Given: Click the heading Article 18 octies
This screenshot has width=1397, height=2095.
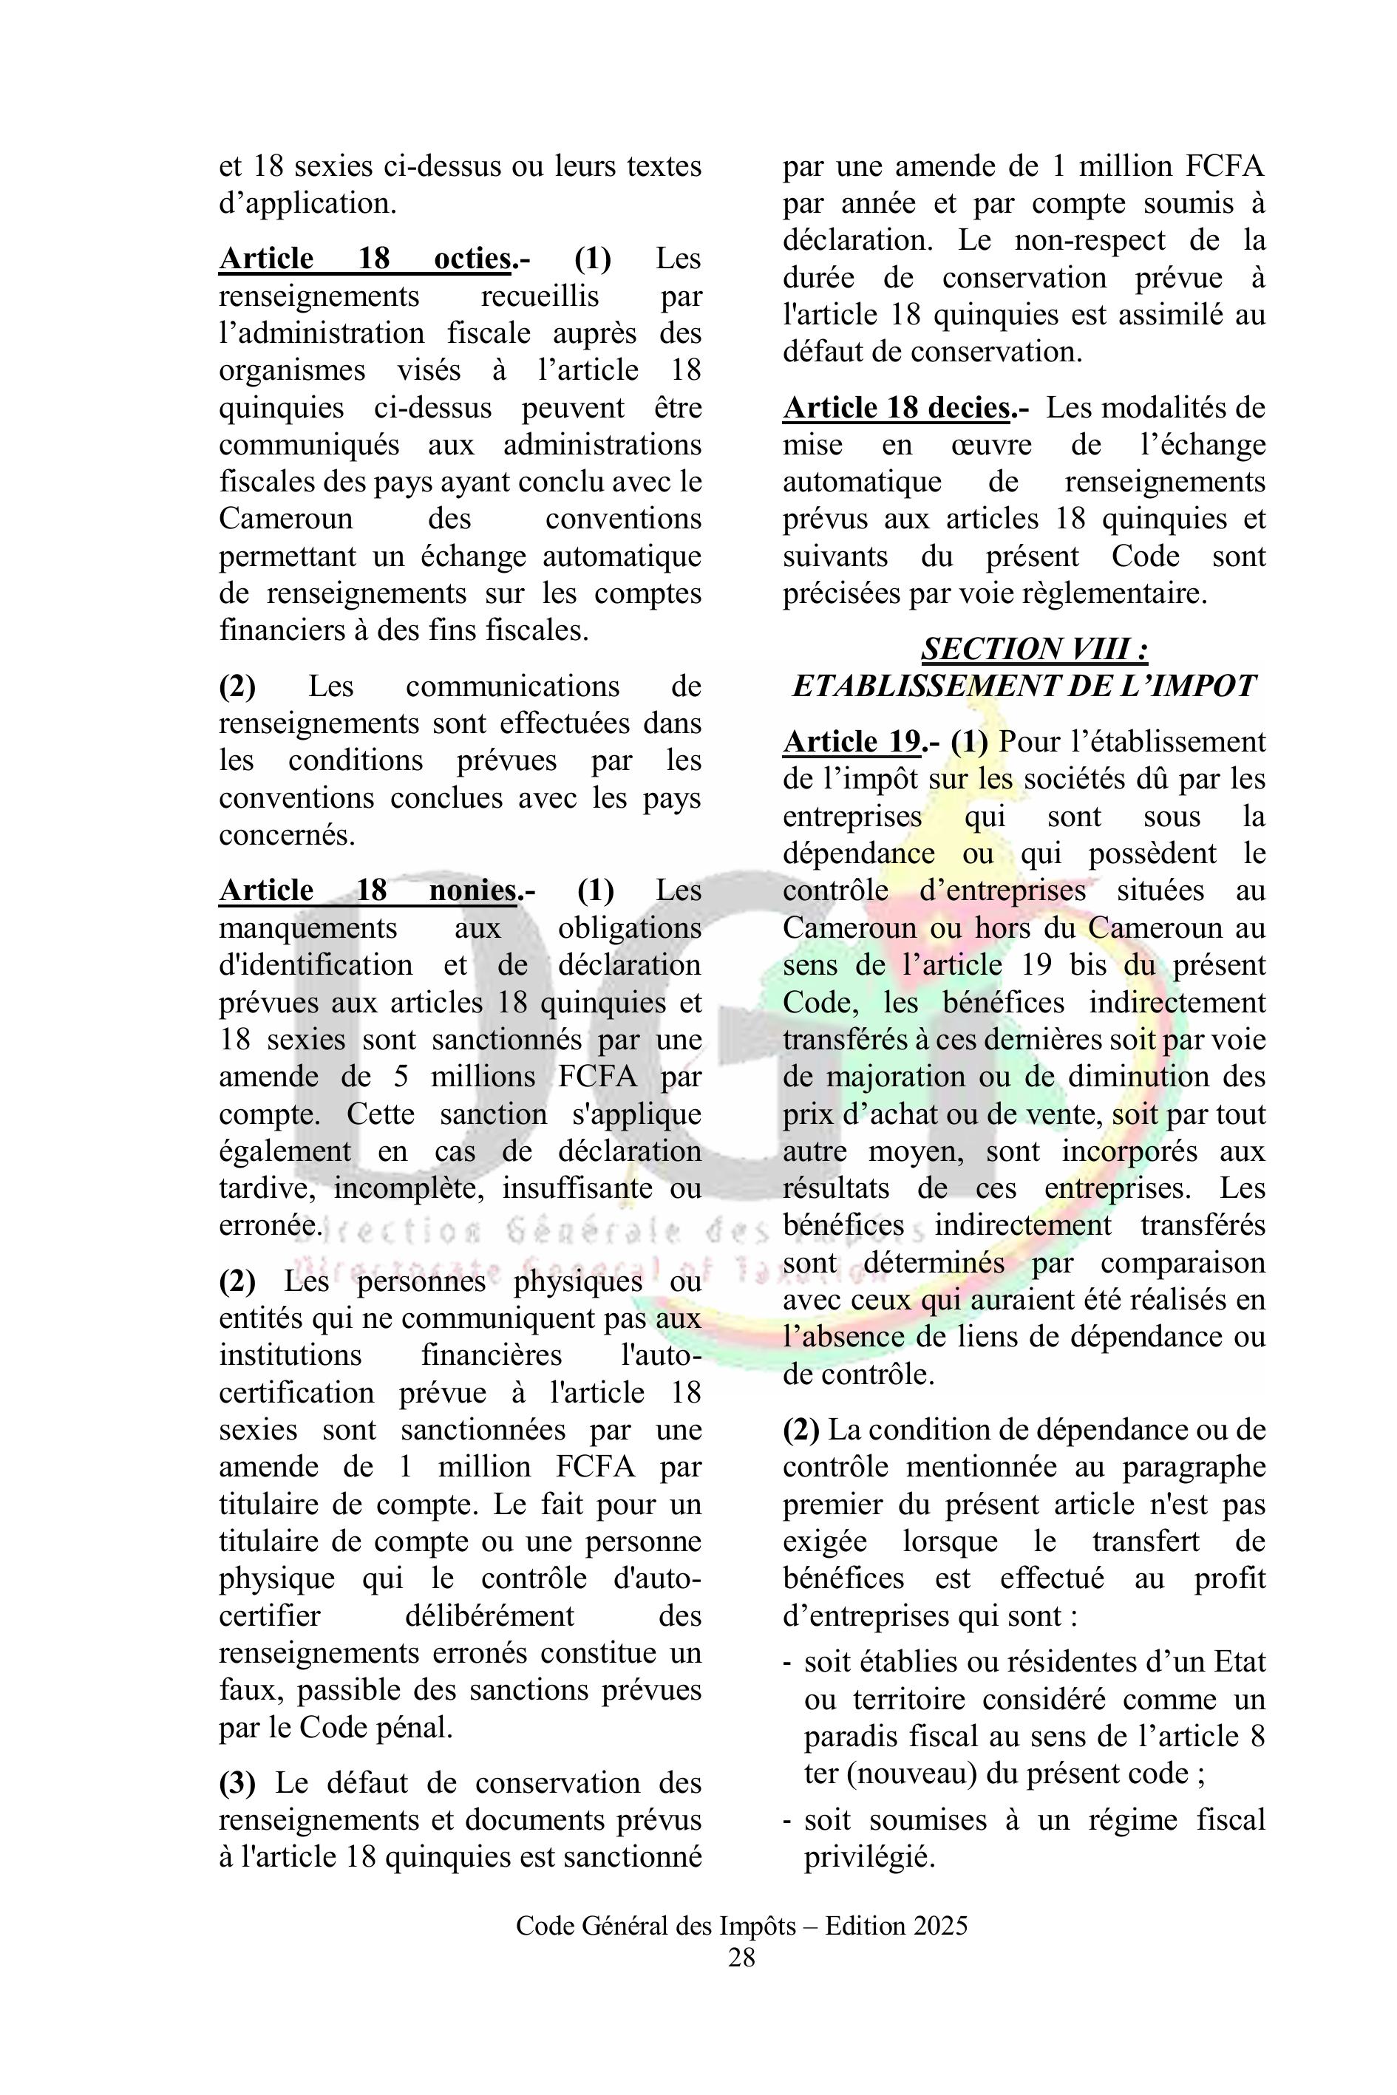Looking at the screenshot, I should click(365, 259).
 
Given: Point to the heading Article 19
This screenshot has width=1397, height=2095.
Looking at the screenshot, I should click(852, 742).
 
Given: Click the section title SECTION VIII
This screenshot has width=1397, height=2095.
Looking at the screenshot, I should click(1033, 649).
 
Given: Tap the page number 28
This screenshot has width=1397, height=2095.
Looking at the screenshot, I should click(741, 1957).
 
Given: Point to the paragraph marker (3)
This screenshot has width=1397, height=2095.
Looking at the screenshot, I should click(237, 1779).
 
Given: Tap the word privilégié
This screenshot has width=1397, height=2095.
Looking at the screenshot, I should click(869, 1856).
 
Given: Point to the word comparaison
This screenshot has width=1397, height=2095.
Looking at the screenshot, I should click(1183, 1263).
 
